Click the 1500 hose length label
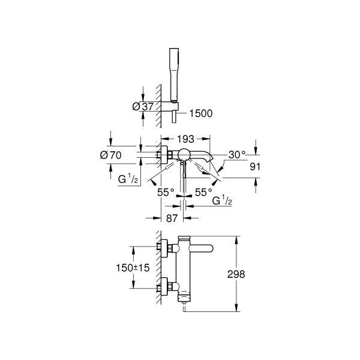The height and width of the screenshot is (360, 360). click(201, 113)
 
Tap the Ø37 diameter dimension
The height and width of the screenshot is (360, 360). click(143, 107)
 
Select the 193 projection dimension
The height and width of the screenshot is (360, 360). click(185, 139)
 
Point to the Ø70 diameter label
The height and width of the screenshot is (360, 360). click(110, 155)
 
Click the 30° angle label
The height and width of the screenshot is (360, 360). click(237, 155)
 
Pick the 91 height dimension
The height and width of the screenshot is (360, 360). click(255, 167)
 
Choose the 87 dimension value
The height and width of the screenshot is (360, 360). click(172, 218)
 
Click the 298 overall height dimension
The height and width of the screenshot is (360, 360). click(236, 274)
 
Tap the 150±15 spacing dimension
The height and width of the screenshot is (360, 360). click(133, 268)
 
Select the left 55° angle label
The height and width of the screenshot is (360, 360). click(166, 193)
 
